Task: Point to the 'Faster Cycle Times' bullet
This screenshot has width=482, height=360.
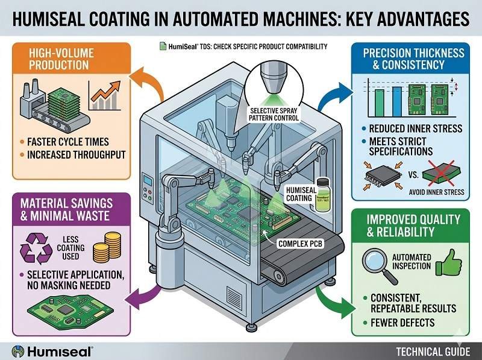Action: tap(68, 143)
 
